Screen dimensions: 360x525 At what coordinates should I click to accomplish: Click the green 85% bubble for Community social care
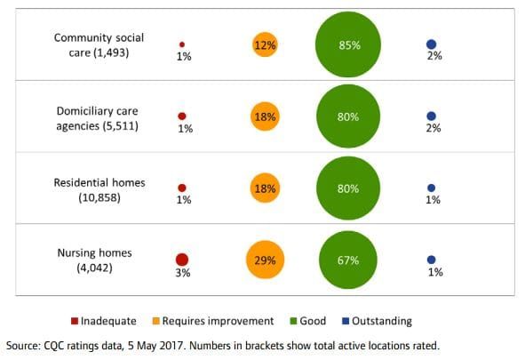[348, 44]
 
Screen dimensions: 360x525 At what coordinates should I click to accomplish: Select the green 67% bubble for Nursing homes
[348, 260]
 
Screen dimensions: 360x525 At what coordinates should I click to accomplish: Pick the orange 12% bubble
[265, 44]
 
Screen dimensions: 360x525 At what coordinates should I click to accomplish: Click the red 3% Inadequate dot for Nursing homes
[182, 260]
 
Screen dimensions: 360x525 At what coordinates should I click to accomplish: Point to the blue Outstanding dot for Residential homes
[431, 188]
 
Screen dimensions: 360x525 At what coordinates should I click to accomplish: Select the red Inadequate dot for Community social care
[182, 44]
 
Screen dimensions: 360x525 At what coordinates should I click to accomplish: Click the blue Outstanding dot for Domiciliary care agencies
[431, 116]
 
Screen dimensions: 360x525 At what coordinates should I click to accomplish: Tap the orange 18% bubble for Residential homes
[265, 188]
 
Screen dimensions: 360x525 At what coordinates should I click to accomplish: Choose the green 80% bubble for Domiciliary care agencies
[348, 116]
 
